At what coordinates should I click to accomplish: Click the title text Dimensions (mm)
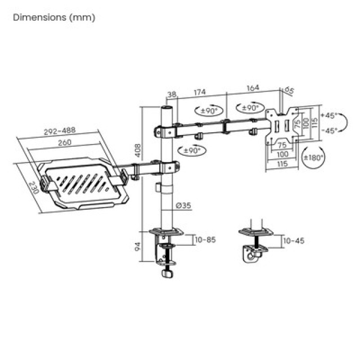pos(54,17)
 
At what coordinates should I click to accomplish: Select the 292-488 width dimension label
pos(60,132)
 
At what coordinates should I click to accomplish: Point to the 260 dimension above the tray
pos(64,143)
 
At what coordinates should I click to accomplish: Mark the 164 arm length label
pos(253,88)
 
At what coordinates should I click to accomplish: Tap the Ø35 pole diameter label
pos(183,206)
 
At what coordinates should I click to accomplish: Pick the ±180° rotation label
pos(313,157)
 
